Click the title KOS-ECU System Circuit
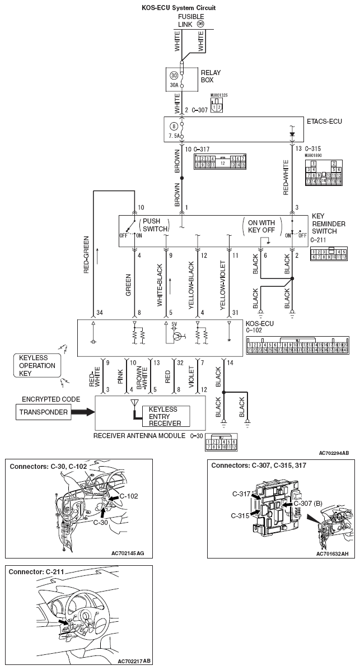(x=180, y=8)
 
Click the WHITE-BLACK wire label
(x=160, y=286)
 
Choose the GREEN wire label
(x=128, y=285)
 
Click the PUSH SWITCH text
(x=152, y=226)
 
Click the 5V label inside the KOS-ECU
(x=174, y=324)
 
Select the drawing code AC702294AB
(x=334, y=452)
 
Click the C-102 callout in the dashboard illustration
(x=128, y=496)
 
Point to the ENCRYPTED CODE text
(x=51, y=399)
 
